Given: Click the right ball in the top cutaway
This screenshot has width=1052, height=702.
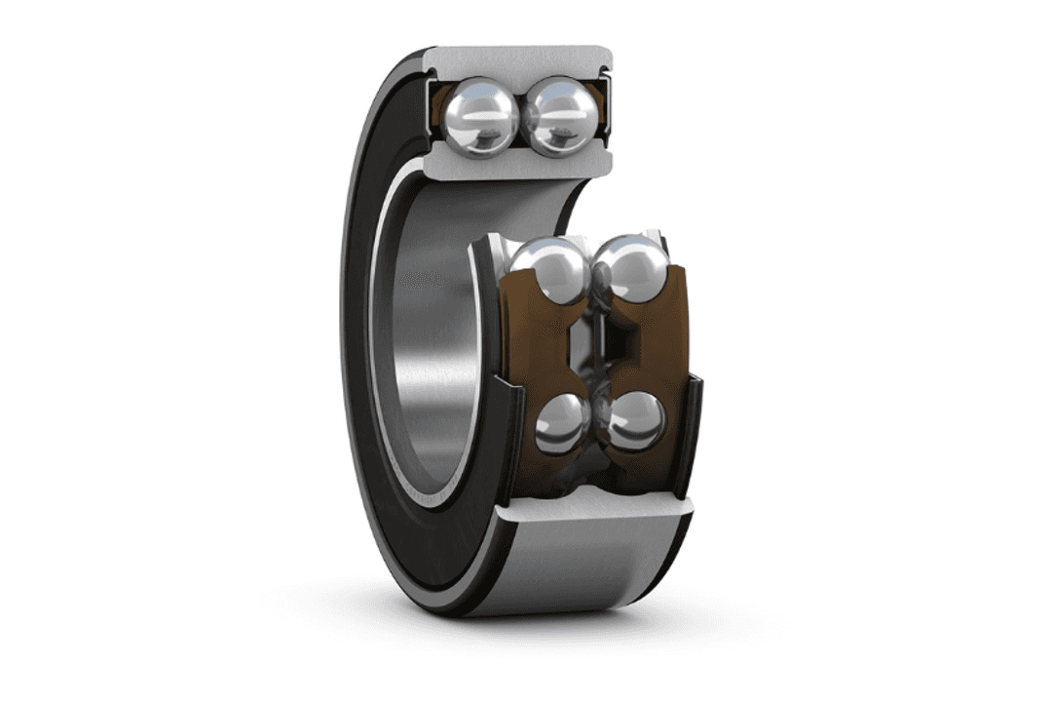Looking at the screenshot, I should [x=560, y=115].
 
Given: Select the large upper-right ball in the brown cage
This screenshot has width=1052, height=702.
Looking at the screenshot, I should [x=629, y=270].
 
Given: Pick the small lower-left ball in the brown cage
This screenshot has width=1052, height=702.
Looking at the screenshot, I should [x=562, y=424].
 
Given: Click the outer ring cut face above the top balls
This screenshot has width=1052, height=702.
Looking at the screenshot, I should [x=516, y=59].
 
